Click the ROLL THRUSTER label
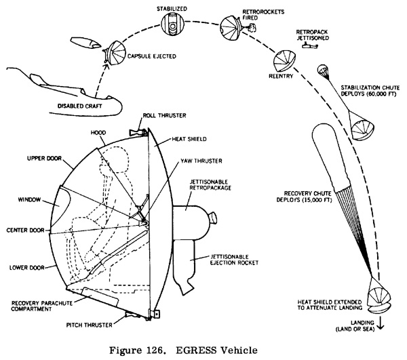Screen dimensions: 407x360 tap(164, 115)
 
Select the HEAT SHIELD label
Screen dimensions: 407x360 tap(189, 139)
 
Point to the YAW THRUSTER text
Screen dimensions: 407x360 tap(201, 161)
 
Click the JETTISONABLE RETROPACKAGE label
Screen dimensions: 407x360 tap(210, 184)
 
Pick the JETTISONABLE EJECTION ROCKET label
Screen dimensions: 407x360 tap(235, 260)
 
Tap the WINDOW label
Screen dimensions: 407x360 tap(29, 199)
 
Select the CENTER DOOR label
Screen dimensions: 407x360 tap(26, 230)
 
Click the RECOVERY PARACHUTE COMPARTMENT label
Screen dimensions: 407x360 tap(42, 306)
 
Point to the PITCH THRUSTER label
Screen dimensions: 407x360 tap(90, 325)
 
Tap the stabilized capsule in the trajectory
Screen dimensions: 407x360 tap(172, 24)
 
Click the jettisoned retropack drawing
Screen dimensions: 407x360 tap(311, 46)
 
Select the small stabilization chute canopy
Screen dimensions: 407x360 tap(323, 69)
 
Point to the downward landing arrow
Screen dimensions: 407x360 tap(381, 323)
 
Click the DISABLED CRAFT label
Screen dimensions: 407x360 tap(79, 106)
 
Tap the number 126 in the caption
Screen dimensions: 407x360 tap(155, 351)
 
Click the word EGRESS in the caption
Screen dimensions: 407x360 tap(196, 351)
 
